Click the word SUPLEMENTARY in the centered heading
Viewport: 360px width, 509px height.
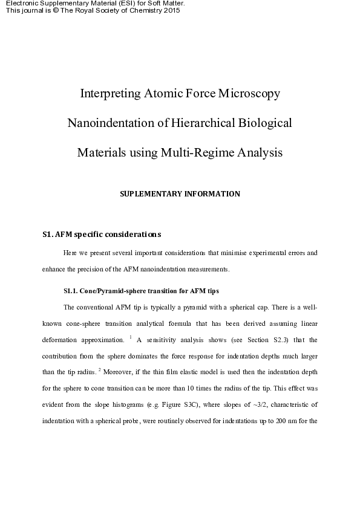point(148,194)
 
